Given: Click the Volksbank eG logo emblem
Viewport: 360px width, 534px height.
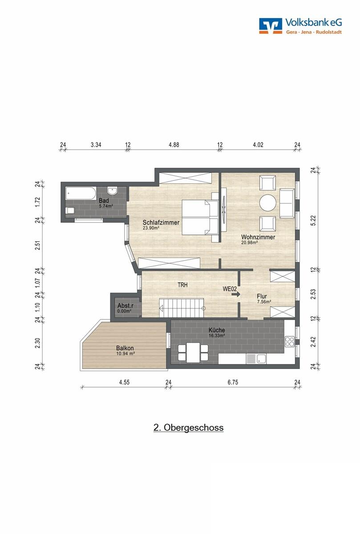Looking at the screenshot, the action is point(271,25).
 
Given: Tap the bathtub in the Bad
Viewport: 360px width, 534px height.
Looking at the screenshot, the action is point(81,193).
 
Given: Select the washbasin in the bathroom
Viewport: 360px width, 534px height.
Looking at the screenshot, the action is point(112,191).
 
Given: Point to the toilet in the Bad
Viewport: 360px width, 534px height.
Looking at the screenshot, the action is point(70,210).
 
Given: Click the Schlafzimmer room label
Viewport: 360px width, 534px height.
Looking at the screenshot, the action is point(161,222).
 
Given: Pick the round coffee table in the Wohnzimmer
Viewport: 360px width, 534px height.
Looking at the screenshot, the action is point(268,202).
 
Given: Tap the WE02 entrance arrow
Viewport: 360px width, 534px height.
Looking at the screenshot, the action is point(236,295).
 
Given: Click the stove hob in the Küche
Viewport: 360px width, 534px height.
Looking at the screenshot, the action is point(290,341).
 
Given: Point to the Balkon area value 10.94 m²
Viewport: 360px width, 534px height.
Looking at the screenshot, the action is point(125,353).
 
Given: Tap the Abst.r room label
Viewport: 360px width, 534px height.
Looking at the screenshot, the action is point(125,305).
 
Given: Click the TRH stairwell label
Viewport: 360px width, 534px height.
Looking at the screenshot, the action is point(182,285).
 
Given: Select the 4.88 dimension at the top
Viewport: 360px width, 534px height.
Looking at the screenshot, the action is point(174,145).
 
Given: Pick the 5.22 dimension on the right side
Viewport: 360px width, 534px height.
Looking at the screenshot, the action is point(314,221).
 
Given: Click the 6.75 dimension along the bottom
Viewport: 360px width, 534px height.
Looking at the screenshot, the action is point(233,382).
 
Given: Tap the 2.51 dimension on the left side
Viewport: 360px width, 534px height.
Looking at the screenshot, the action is point(38,245).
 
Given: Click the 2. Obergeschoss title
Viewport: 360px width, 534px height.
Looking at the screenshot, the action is point(188,428).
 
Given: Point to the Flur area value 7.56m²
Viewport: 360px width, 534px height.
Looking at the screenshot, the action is point(264,302).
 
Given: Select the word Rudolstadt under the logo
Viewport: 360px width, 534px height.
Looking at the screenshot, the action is point(328,32).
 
